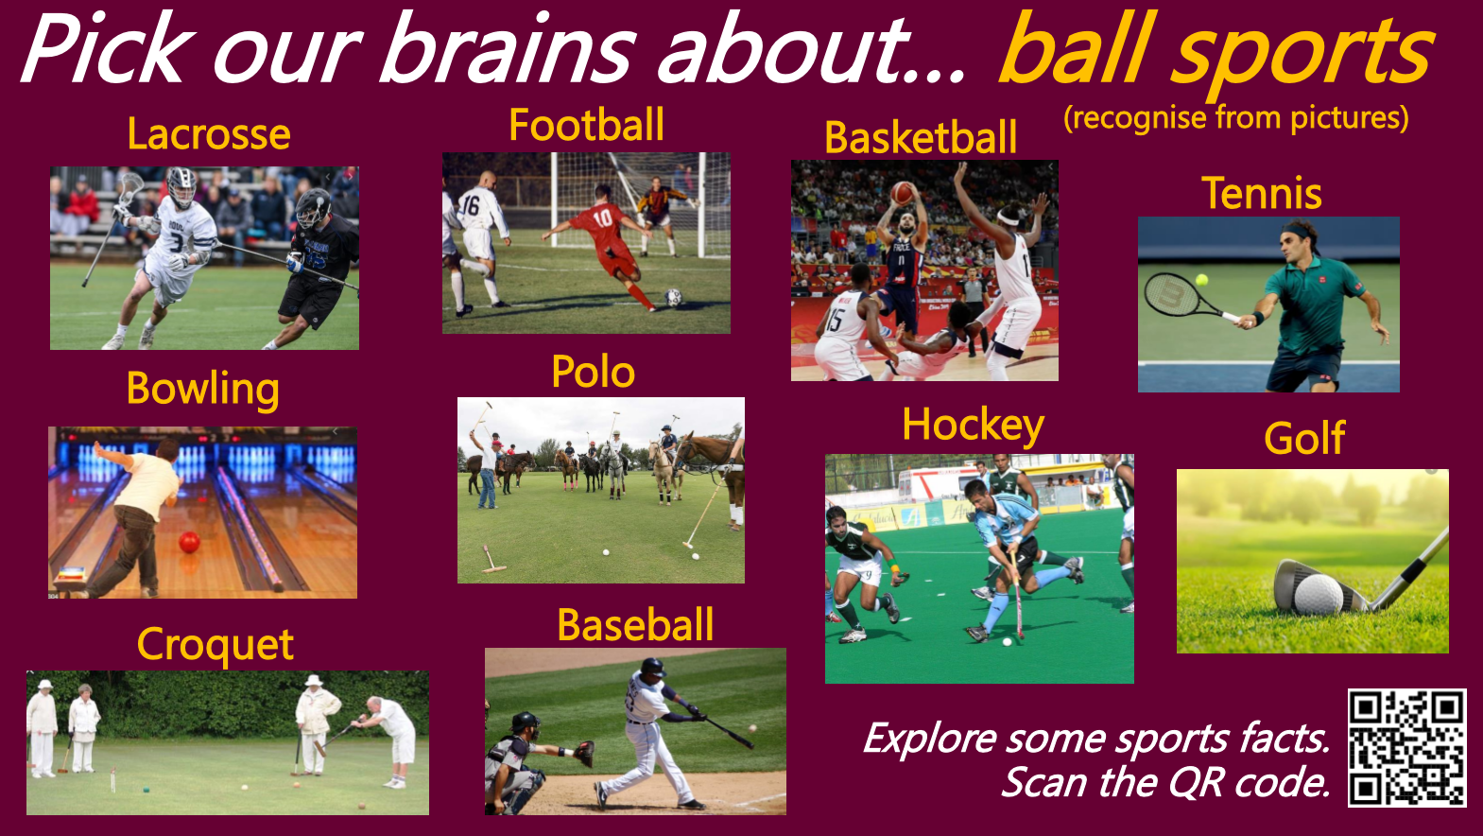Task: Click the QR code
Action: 1406,748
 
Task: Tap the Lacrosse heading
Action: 209,133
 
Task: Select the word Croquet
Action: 216,645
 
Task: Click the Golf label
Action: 1304,439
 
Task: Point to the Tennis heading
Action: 1261,193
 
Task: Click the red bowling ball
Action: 189,543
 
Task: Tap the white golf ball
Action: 1319,594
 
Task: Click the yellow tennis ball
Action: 1201,280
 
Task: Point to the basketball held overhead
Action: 902,193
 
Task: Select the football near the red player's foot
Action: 673,298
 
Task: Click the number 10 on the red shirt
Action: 602,218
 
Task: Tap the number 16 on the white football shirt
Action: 471,205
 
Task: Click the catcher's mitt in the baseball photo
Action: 584,753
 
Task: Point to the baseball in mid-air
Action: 752,728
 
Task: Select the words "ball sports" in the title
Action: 1216,52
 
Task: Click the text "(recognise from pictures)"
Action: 1236,118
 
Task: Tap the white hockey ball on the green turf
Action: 1007,641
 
